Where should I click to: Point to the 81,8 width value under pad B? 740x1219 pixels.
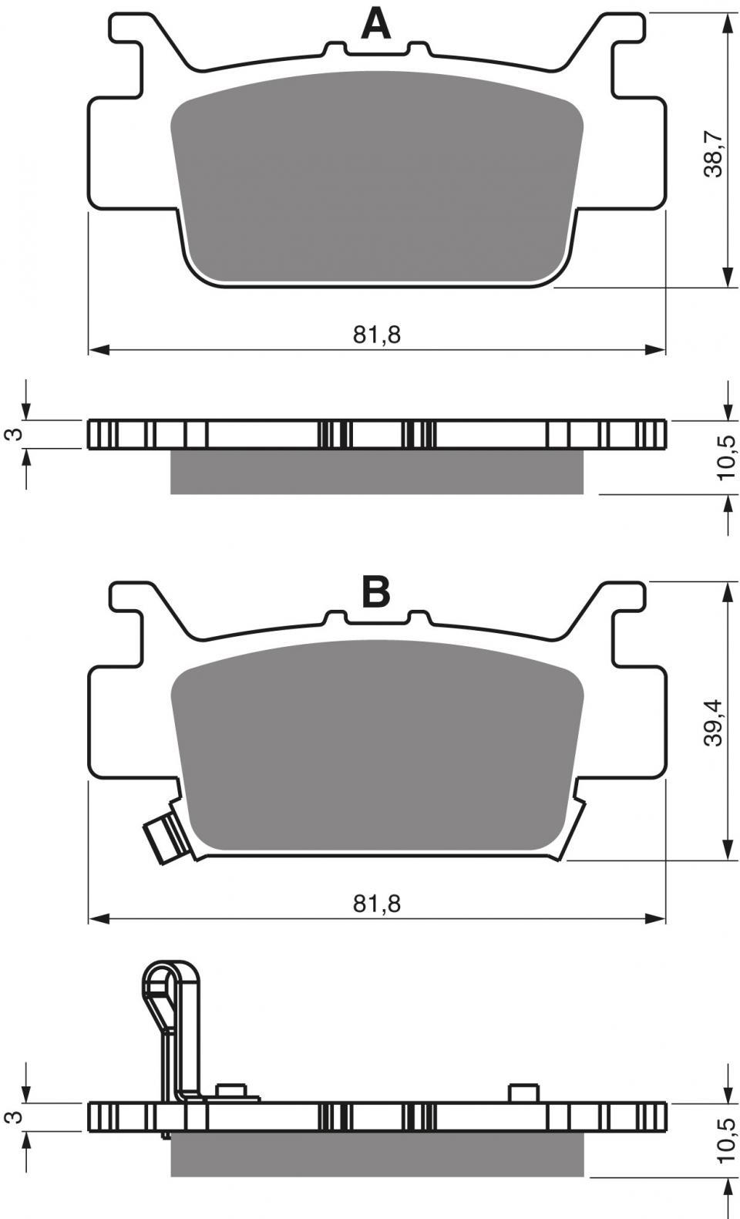coord(376,904)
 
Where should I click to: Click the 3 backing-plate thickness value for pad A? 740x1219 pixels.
coord(16,434)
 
